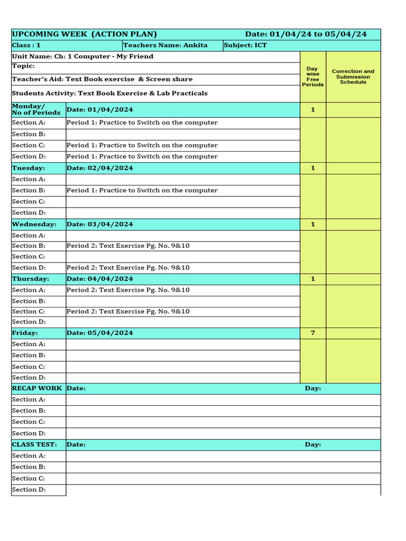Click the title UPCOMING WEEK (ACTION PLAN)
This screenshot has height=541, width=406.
pyautogui.click(x=84, y=34)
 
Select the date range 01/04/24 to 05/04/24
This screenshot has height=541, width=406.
pyautogui.click(x=306, y=34)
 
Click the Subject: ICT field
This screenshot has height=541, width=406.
pyautogui.click(x=245, y=45)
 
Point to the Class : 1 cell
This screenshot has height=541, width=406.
pyautogui.click(x=26, y=45)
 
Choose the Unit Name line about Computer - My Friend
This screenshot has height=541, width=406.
pyautogui.click(x=82, y=57)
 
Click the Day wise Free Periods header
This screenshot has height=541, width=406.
pyautogui.click(x=313, y=77)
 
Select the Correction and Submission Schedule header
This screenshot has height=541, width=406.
pyautogui.click(x=353, y=77)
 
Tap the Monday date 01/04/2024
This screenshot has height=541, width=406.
pyautogui.click(x=100, y=110)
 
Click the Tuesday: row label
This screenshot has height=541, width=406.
pyautogui.click(x=29, y=168)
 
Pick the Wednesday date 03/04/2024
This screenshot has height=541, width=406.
pyautogui.click(x=100, y=224)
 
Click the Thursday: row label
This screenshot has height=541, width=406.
pyautogui.click(x=31, y=278)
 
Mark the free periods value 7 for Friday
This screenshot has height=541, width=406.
pyautogui.click(x=313, y=333)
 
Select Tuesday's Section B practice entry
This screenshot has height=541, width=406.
pyautogui.click(x=142, y=190)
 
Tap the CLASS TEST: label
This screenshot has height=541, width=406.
pyautogui.click(x=34, y=444)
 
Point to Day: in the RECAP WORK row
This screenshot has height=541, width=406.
pyautogui.click(x=313, y=388)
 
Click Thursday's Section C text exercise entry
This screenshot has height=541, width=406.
pyautogui.click(x=128, y=311)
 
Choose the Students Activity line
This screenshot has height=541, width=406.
pyautogui.click(x=109, y=94)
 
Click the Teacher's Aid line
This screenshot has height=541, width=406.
pyautogui.click(x=102, y=79)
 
